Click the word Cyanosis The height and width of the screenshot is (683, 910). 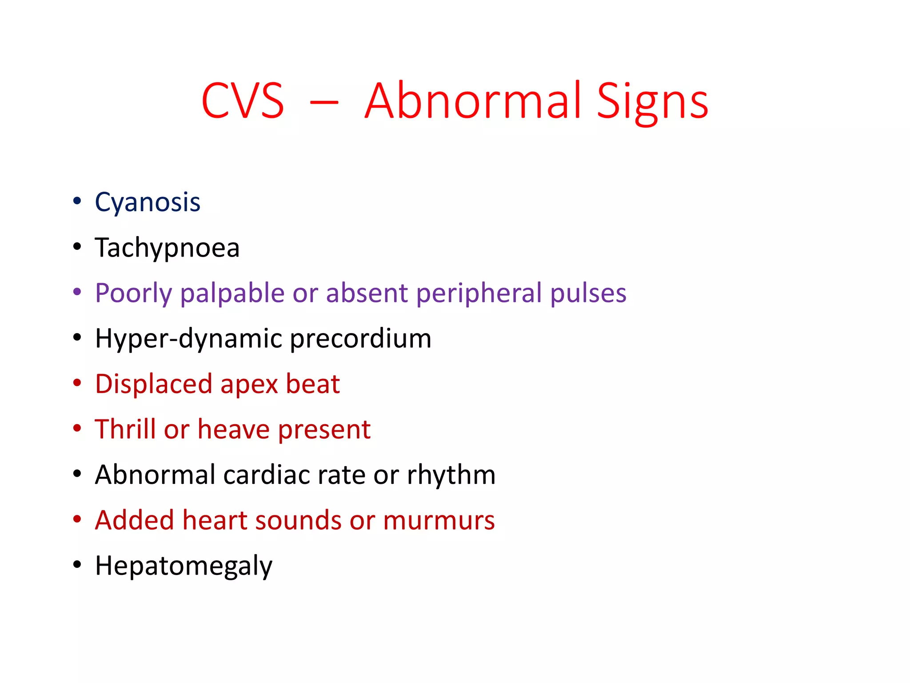(x=148, y=203)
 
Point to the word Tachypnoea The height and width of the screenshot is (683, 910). (x=167, y=248)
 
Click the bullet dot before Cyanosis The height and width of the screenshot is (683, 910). (x=77, y=201)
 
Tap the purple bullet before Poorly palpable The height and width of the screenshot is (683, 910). (x=77, y=292)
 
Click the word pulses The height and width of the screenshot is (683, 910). (x=588, y=293)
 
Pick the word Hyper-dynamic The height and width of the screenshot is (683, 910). (x=189, y=339)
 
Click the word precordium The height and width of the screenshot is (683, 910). (x=360, y=339)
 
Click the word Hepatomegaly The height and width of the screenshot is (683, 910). (x=184, y=566)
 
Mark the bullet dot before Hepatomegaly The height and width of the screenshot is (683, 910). (x=77, y=565)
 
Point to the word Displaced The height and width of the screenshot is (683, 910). (x=154, y=384)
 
